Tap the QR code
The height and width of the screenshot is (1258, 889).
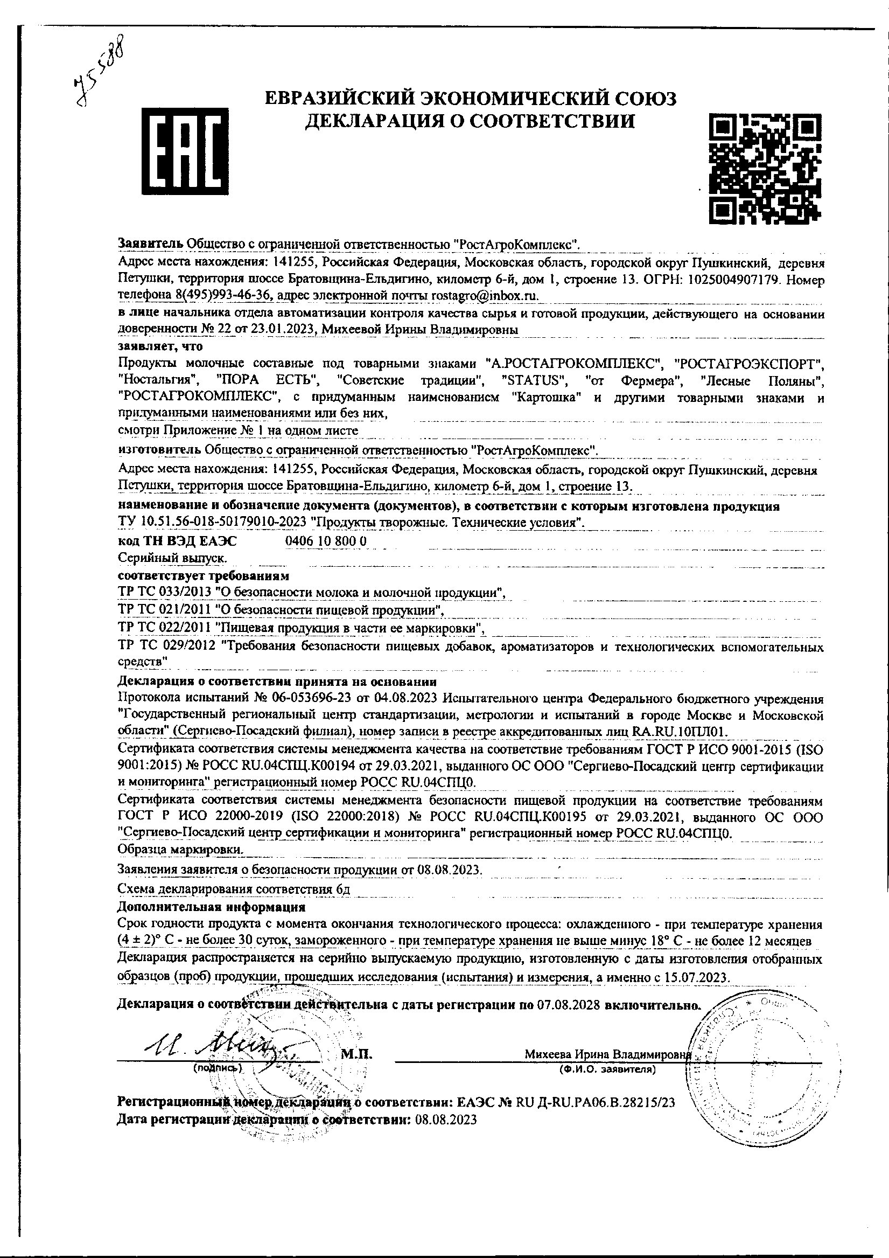pos(765,168)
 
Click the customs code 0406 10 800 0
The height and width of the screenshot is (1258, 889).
pos(326,541)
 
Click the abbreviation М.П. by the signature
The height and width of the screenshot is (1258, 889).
pos(356,1053)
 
